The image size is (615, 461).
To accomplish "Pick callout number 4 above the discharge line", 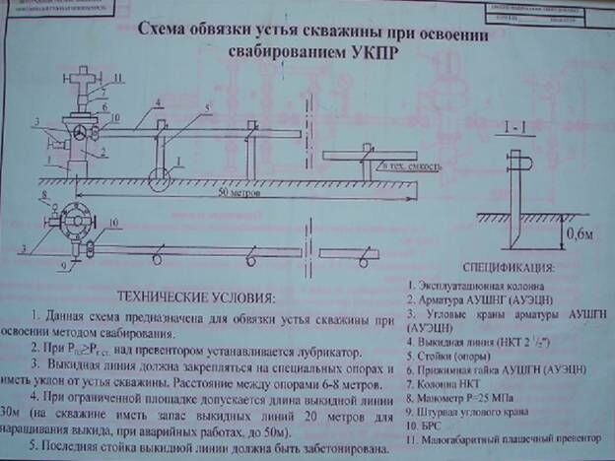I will (x=156, y=103).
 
